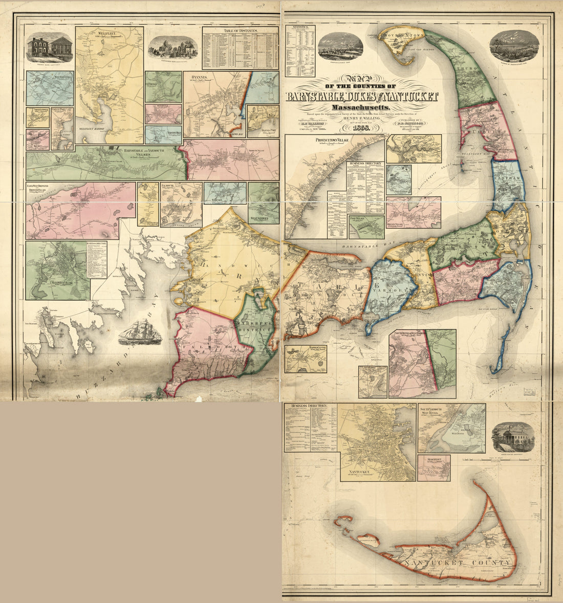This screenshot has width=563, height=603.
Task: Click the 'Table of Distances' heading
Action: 240,31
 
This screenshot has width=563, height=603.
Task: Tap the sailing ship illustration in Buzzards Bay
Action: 140,333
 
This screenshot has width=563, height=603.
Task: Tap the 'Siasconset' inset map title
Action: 434,458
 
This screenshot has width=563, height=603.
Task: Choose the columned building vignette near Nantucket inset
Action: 513,437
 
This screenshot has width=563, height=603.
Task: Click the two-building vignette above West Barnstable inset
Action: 49,48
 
